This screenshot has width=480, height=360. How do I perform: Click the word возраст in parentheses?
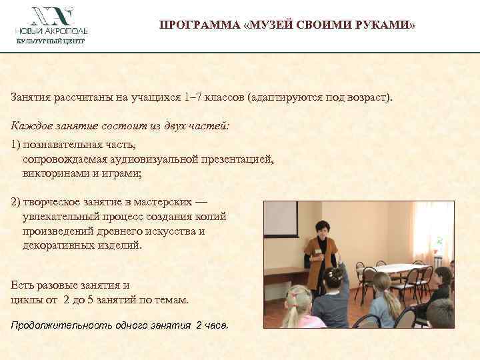click(x=365, y=98)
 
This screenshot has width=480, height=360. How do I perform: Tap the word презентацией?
click(x=233, y=159)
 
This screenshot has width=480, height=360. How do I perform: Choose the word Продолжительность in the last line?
click(x=53, y=326)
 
